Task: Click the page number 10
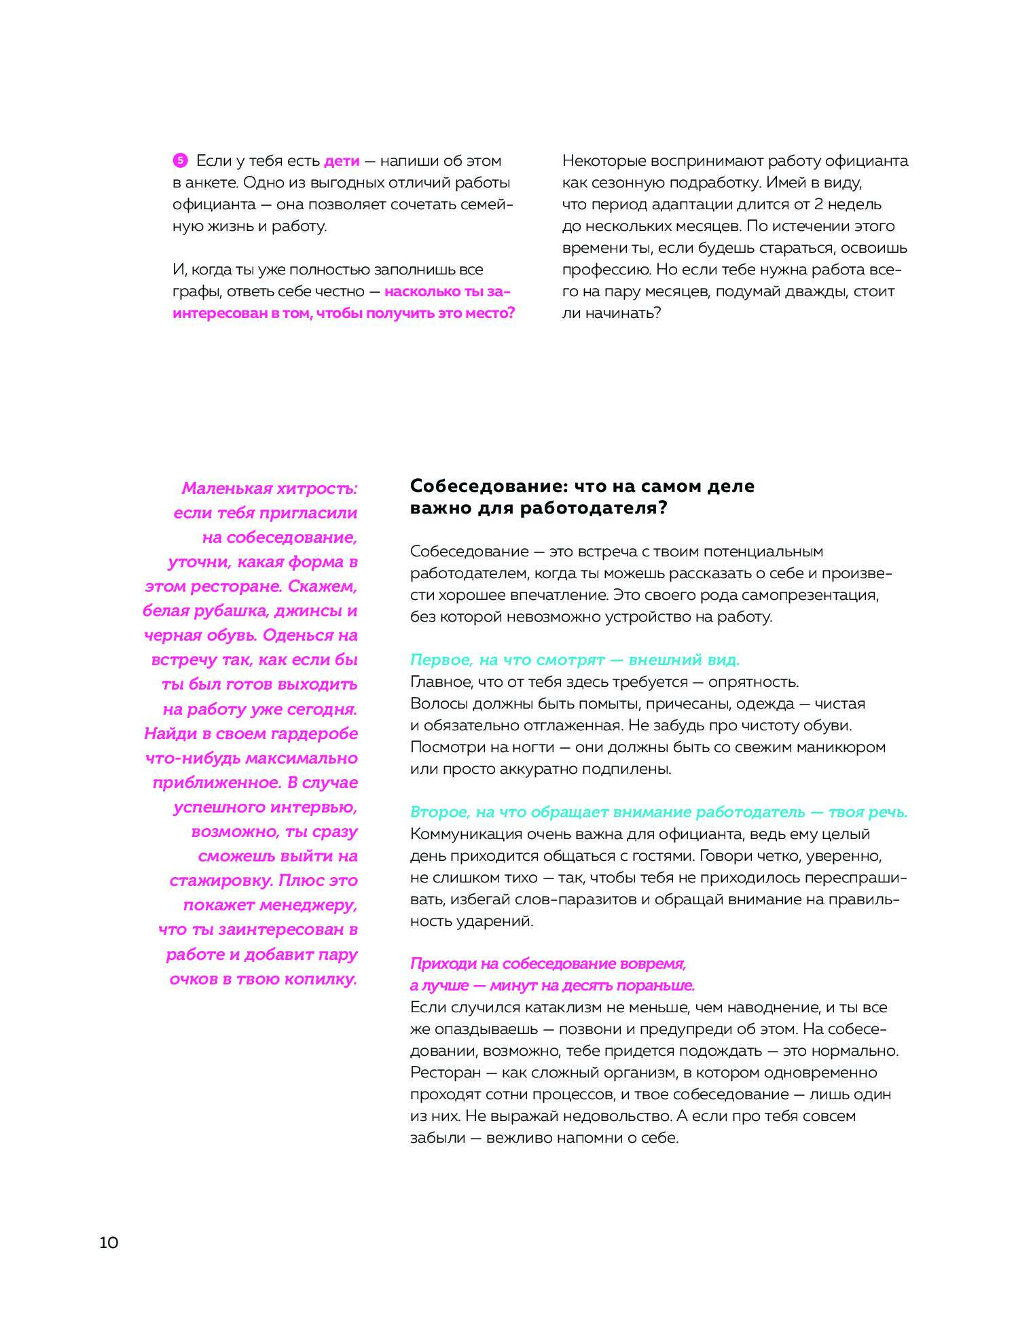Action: [109, 1243]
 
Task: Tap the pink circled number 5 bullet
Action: [180, 161]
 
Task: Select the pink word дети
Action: [342, 161]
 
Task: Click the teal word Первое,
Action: [441, 660]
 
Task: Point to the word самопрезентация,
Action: [810, 595]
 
